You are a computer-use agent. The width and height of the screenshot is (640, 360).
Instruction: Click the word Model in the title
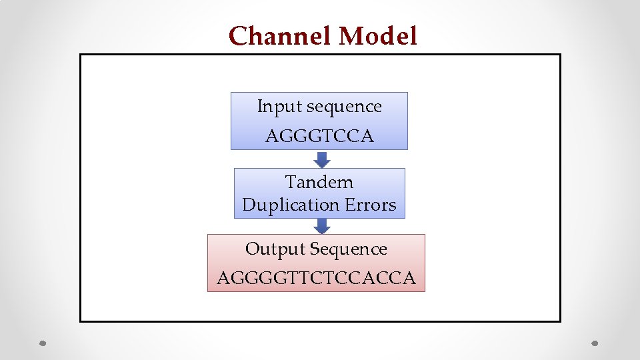[377, 36]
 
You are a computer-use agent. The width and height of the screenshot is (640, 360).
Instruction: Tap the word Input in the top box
[271, 107]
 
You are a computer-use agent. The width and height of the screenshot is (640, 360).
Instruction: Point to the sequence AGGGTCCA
[319, 137]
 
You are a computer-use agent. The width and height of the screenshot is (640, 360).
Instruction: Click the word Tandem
[319, 182]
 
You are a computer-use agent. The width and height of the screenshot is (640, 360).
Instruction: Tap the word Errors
[371, 205]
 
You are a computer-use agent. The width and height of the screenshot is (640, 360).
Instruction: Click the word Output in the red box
[271, 249]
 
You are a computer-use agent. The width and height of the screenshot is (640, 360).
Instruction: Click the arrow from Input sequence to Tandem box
[322, 159]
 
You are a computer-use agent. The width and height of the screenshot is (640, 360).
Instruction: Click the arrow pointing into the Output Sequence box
[322, 227]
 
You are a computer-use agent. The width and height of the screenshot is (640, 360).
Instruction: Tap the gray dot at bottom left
[42, 344]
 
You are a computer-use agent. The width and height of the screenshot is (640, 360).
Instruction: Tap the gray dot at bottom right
[596, 344]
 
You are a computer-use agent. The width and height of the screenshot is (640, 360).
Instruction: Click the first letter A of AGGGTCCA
[271, 137]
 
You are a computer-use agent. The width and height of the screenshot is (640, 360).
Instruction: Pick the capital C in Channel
[237, 36]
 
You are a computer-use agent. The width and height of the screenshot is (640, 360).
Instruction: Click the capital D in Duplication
[248, 205]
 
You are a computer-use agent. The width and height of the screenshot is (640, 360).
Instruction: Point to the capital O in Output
[252, 249]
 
